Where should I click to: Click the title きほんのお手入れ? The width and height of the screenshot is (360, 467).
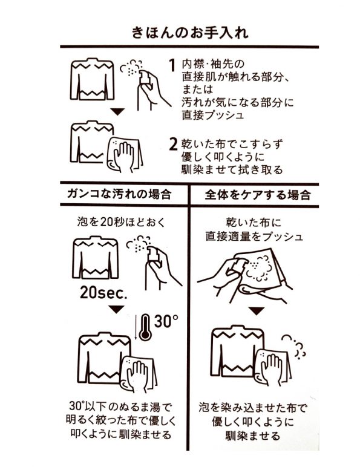pyautogui.click(x=190, y=32)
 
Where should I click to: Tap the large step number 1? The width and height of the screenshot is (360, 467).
pyautogui.click(x=172, y=65)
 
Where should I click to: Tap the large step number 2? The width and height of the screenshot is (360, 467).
pyautogui.click(x=173, y=144)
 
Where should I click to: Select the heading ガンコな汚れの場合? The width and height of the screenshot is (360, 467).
pyautogui.click(x=119, y=194)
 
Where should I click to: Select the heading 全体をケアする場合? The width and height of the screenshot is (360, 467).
pyautogui.click(x=258, y=195)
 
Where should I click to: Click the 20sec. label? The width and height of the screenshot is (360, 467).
pyautogui.click(x=103, y=293)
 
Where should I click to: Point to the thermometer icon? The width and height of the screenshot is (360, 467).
pyautogui.click(x=145, y=327)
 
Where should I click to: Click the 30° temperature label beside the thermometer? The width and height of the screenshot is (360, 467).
pyautogui.click(x=166, y=321)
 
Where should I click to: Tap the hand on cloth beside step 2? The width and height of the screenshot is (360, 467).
pyautogui.click(x=125, y=155)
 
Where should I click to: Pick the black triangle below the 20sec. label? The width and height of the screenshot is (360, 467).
pyautogui.click(x=117, y=309)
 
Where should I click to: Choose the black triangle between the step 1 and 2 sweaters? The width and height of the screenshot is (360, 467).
pyautogui.click(x=117, y=112)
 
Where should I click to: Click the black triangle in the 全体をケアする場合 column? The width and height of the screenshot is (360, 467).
pyautogui.click(x=257, y=312)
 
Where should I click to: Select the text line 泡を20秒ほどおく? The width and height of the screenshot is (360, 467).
pyautogui.click(x=121, y=222)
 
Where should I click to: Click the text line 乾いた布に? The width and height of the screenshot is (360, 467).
pyautogui.click(x=254, y=223)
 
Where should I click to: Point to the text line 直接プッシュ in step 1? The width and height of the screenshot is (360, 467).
pyautogui.click(x=213, y=116)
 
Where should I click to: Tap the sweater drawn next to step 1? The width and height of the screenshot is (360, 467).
pyautogui.click(x=92, y=79)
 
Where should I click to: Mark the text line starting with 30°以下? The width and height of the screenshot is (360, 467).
pyautogui.click(x=120, y=406)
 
